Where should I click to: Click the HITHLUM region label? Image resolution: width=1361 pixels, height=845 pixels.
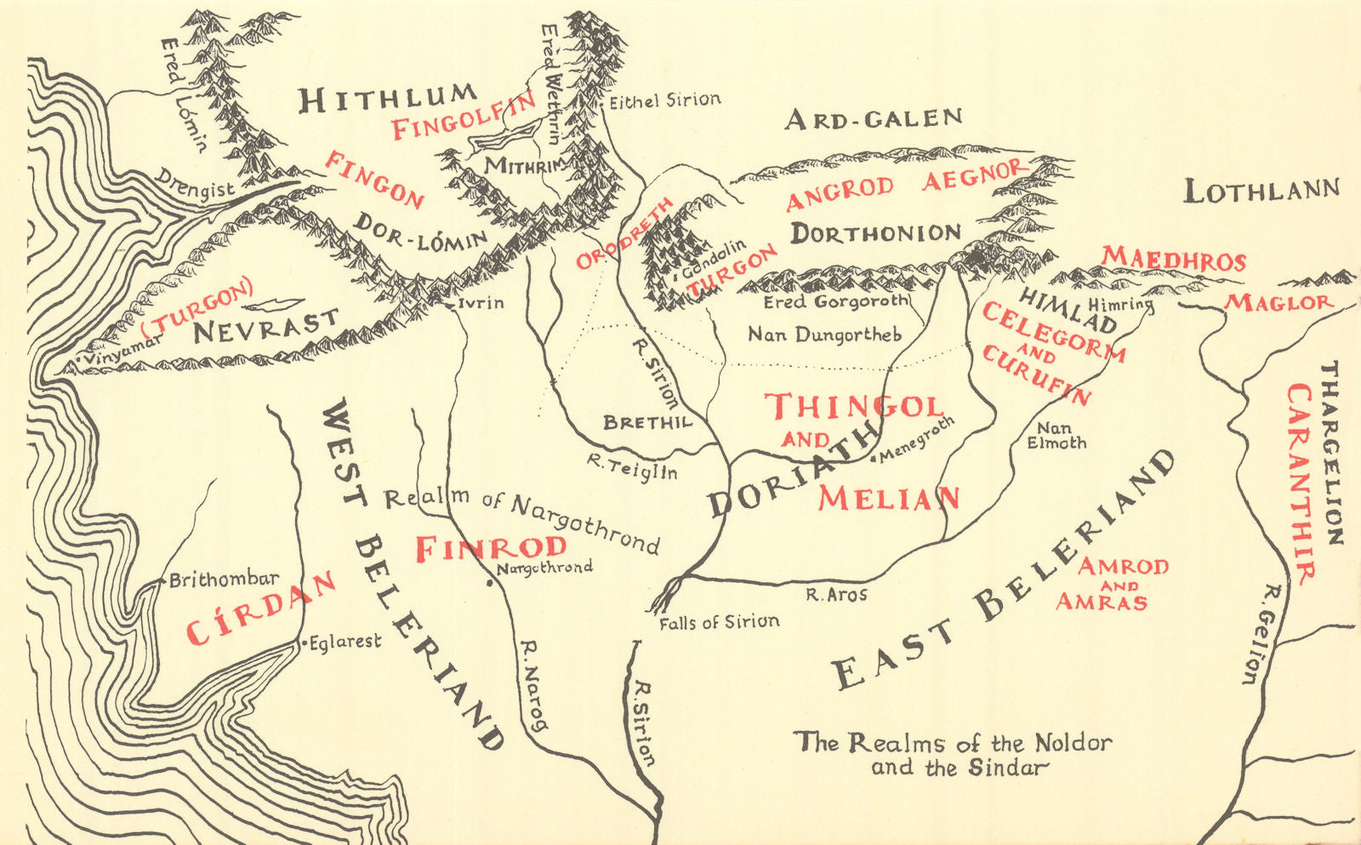point(387,99)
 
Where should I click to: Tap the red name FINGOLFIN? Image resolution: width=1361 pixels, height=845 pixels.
point(463,117)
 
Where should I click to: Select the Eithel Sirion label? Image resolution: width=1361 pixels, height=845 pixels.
point(665,100)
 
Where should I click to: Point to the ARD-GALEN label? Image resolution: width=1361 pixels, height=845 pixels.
point(873,118)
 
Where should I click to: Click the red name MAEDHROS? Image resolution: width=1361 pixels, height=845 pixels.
point(1174,259)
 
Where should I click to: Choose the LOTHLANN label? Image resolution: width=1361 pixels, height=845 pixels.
point(1261,191)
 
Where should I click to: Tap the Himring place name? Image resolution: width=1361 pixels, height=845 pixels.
point(1120,304)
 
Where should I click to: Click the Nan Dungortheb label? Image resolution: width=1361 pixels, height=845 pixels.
point(824,334)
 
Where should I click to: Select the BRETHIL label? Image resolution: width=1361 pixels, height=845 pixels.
point(647,422)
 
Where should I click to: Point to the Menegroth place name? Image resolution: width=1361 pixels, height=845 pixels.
point(917,439)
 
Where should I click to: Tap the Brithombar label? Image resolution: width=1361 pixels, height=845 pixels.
point(224,580)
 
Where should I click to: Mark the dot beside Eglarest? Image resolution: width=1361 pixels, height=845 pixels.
point(304,645)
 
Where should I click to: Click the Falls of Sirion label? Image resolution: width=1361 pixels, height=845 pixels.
point(719,623)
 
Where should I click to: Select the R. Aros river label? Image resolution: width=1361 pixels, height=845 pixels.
point(836,595)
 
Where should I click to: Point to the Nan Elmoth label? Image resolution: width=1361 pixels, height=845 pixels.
point(1056,436)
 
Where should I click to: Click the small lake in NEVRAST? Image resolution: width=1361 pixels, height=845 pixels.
point(274,304)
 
